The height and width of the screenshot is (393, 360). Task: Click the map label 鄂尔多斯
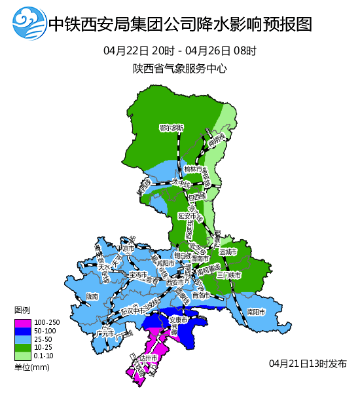point(171,128)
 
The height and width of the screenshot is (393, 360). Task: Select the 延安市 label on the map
point(187,215)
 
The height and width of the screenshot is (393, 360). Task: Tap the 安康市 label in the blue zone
point(179,320)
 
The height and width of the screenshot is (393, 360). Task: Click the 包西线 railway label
point(196,195)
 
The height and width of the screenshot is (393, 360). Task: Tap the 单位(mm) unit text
point(32,367)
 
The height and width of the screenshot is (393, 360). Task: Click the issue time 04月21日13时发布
point(307,364)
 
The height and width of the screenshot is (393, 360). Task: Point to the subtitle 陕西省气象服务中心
point(179,68)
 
